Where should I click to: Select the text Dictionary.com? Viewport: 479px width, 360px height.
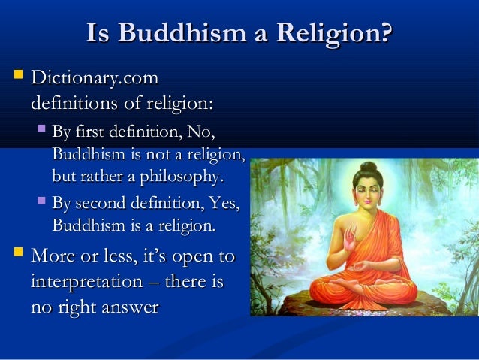click(95, 78)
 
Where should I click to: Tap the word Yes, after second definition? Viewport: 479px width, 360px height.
click(224, 203)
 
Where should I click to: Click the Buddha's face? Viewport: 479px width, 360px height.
click(368, 195)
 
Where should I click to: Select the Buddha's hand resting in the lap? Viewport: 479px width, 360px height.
click(362, 267)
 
